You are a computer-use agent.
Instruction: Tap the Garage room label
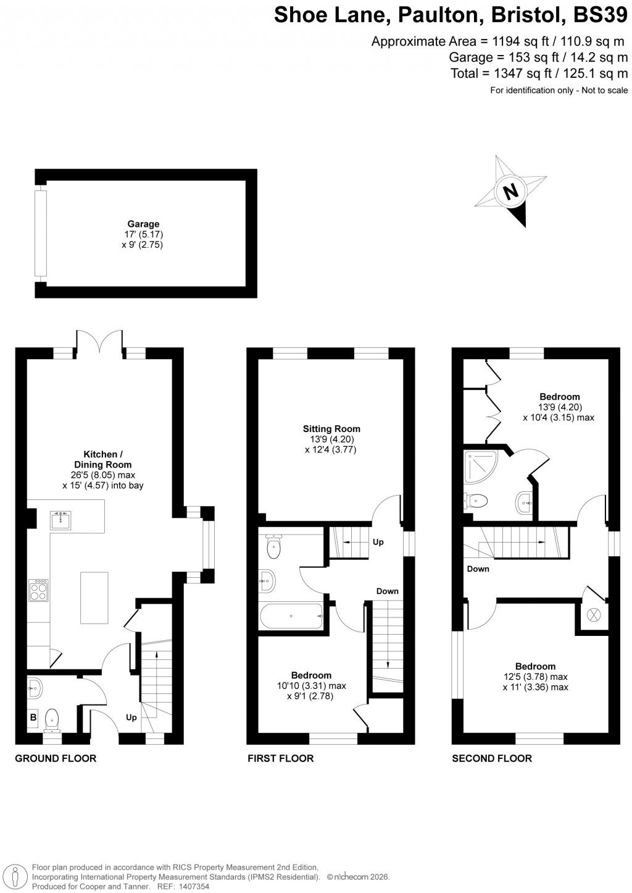click(143, 224)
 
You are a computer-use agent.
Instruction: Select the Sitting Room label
click(331, 429)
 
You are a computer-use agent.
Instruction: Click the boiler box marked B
click(33, 717)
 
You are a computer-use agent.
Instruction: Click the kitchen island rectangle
click(94, 598)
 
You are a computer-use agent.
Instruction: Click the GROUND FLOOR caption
click(56, 758)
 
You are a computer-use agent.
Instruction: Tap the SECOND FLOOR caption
click(492, 758)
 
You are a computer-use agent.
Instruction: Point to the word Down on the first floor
click(388, 591)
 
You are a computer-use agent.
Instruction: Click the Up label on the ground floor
click(131, 717)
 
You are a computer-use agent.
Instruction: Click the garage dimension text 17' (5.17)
click(143, 235)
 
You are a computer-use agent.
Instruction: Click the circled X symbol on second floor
click(594, 614)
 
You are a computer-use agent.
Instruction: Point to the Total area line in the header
click(539, 74)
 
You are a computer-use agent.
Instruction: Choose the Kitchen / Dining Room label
click(108, 459)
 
